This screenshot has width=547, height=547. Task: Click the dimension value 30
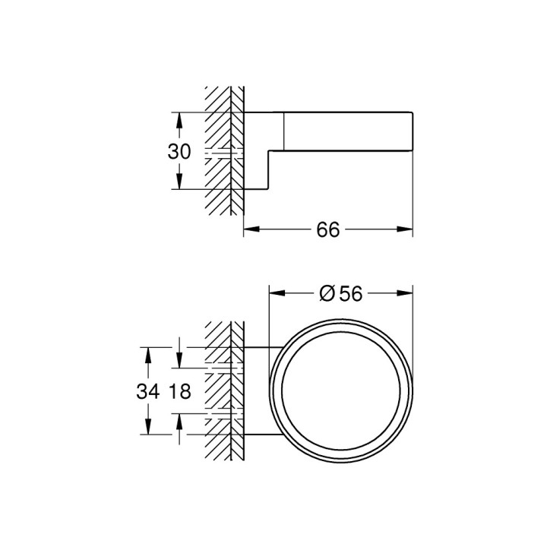[x=179, y=151]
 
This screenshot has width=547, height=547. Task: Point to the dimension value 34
[x=149, y=392]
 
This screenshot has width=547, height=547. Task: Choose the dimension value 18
[x=179, y=392]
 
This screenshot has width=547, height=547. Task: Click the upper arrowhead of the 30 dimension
[x=179, y=119]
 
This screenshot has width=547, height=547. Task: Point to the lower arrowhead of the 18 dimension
[x=179, y=420]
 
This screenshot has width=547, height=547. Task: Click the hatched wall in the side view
[x=225, y=152]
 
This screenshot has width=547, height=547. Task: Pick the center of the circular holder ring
[x=341, y=391]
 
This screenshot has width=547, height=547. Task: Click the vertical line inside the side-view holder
[x=284, y=129]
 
